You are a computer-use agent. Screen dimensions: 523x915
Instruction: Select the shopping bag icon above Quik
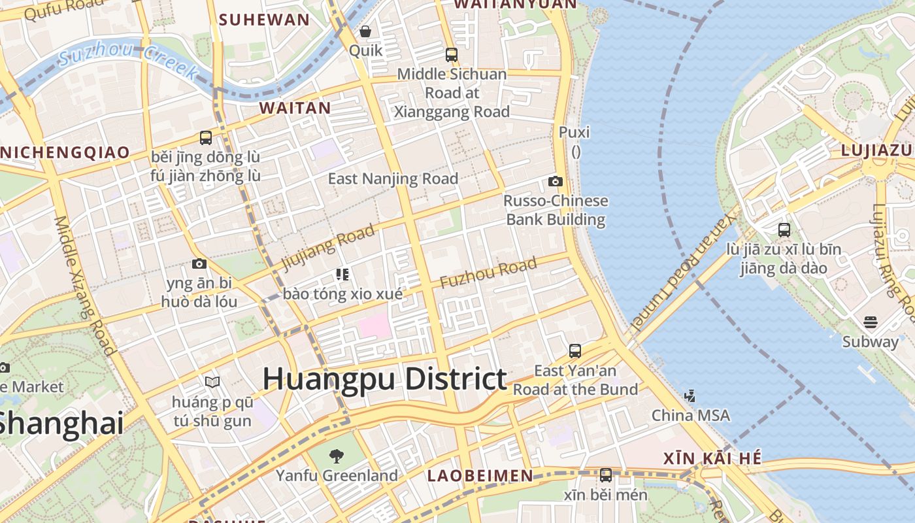(x=365, y=31)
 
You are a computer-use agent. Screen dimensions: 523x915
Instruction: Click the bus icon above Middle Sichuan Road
(x=452, y=55)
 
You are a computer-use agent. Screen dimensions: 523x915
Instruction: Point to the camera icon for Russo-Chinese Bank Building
(x=556, y=181)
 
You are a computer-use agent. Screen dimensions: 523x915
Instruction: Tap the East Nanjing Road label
(x=393, y=178)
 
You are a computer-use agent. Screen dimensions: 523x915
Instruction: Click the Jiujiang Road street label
(x=328, y=246)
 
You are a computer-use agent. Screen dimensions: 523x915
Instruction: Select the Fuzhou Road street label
(x=488, y=273)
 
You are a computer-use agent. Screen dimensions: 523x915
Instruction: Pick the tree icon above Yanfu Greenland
(x=337, y=456)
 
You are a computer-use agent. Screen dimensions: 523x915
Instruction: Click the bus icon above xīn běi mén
(x=606, y=475)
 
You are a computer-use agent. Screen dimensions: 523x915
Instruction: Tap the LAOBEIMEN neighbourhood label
(x=480, y=476)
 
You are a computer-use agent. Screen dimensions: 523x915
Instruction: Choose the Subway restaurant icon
(x=870, y=322)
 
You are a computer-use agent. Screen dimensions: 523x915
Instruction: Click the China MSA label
(x=691, y=415)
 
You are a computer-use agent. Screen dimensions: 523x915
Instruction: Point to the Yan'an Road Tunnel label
(x=684, y=268)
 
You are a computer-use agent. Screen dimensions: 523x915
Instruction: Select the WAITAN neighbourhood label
(x=295, y=108)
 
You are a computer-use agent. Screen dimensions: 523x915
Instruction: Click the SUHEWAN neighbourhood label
(x=264, y=20)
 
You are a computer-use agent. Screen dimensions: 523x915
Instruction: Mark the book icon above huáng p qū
(x=212, y=382)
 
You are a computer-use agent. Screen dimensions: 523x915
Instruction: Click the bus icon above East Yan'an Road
(x=575, y=351)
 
